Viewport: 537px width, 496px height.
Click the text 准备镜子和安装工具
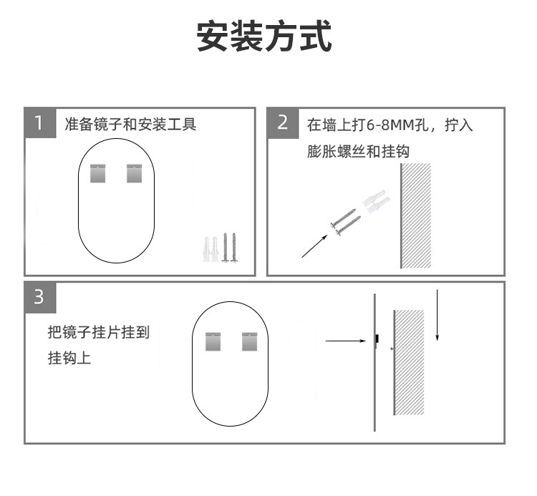click(x=130, y=125)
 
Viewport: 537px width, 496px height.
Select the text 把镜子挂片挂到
click(x=98, y=332)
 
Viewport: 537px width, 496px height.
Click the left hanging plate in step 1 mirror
click(x=98, y=173)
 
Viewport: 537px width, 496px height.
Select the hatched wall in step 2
click(x=416, y=215)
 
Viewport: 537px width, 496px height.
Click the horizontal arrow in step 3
click(x=345, y=341)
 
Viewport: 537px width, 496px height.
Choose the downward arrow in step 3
click(x=437, y=314)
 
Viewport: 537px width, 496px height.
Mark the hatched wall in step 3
click(x=409, y=362)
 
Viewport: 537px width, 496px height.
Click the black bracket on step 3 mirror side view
click(x=377, y=337)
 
